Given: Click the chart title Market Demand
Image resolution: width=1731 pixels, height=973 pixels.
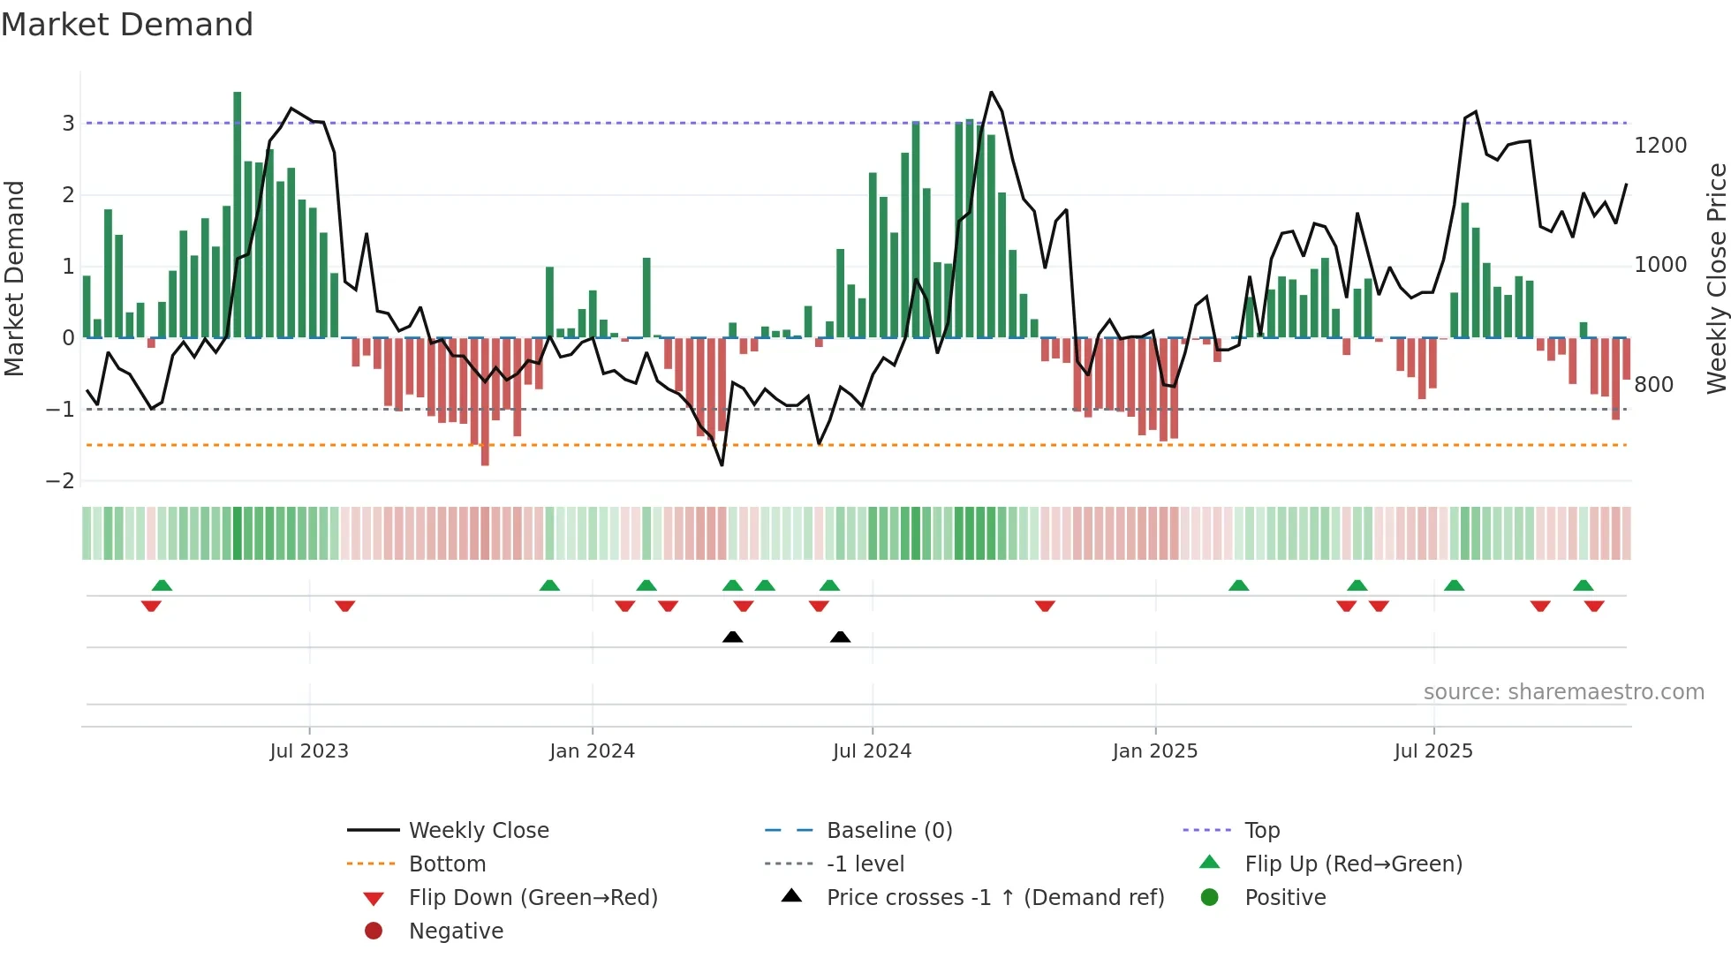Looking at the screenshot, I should (x=127, y=25).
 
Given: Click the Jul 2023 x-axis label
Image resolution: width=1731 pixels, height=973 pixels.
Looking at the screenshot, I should (x=309, y=751).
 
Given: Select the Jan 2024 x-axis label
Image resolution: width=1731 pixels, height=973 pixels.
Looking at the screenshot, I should (x=592, y=751).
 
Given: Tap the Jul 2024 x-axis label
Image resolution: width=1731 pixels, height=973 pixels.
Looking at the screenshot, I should (x=872, y=751).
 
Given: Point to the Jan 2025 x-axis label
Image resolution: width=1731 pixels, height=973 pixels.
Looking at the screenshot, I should (x=1154, y=751).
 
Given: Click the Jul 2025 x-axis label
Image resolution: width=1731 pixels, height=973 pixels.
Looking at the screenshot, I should (x=1433, y=751).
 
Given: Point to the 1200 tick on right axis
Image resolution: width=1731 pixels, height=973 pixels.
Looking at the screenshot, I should (x=1659, y=146).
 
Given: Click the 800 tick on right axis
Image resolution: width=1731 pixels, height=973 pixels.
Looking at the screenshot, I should (x=1653, y=385).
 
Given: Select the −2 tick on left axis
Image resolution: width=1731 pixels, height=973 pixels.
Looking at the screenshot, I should (x=60, y=481).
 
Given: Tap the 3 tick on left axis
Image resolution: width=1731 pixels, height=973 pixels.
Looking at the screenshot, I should (x=68, y=124).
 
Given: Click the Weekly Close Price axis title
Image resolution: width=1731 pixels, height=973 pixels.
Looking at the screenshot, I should (x=1716, y=278).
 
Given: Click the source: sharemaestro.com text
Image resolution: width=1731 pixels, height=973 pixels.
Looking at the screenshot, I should (x=1563, y=692).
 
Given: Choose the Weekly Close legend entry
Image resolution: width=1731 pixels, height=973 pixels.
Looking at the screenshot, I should (x=478, y=831).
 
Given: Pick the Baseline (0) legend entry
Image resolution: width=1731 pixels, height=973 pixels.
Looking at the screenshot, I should (x=888, y=831).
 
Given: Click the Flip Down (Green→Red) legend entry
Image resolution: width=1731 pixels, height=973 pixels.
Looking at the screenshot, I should (x=533, y=898).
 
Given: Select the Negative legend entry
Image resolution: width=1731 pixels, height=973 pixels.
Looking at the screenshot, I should (x=456, y=932).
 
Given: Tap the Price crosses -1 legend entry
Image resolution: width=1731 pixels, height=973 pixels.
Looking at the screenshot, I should (x=994, y=898).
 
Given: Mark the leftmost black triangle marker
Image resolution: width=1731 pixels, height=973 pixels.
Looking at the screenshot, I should (x=732, y=637).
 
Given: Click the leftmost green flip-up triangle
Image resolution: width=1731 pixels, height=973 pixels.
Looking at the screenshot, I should (x=162, y=585).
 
